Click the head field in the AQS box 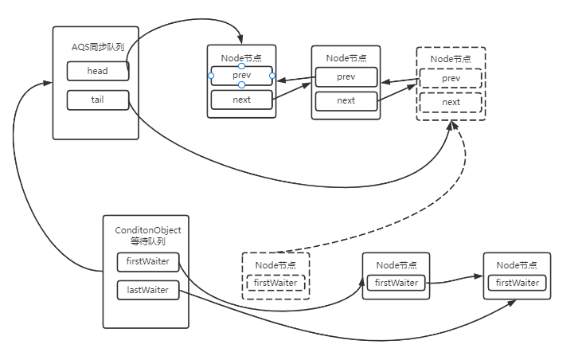click(98, 71)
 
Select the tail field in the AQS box click(98, 100)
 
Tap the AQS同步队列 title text click(97, 47)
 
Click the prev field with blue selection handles click(241, 76)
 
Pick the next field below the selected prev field click(241, 100)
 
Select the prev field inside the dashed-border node click(451, 78)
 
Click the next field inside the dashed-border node click(451, 102)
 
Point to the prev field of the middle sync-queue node click(346, 77)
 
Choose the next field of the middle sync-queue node click(346, 101)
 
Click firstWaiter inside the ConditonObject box click(148, 261)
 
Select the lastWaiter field click(148, 290)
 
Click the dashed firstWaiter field click(275, 283)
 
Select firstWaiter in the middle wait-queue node click(396, 283)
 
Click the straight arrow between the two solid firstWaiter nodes click(454, 280)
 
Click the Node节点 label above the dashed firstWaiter click(275, 265)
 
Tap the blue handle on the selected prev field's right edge click(272, 76)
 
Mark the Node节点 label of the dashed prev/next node click(451, 59)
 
